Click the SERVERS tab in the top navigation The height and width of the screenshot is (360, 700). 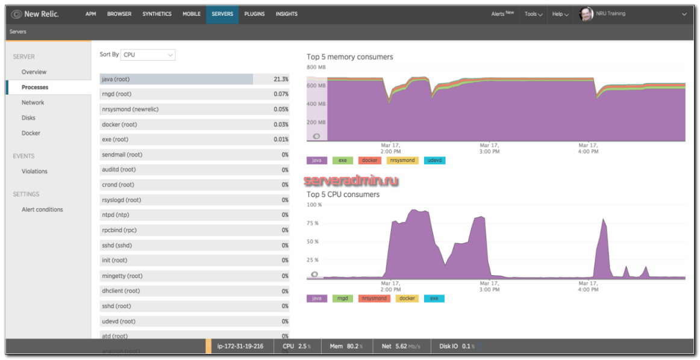[222, 14]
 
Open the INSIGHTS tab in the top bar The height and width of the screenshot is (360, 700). [286, 14]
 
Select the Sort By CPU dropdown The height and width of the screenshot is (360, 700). [148, 55]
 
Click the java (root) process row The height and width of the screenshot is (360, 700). [176, 79]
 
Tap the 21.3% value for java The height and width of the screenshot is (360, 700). [280, 79]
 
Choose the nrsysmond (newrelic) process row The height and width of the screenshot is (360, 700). [176, 110]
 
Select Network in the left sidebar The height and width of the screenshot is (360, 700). [33, 103]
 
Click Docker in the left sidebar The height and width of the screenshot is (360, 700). [31, 133]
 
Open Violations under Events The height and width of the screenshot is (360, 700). [34, 172]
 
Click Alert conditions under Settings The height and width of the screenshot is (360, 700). [42, 209]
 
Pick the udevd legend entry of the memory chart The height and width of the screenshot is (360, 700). [434, 161]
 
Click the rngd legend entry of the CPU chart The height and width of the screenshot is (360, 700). [342, 299]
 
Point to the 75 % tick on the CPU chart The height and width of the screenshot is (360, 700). [313, 223]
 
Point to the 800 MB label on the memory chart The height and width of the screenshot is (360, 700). [316, 67]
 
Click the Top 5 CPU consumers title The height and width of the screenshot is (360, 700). [343, 194]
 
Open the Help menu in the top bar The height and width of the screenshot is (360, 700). [560, 14]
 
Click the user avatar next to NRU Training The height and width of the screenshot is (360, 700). [586, 14]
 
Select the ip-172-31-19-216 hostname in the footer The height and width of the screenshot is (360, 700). [240, 347]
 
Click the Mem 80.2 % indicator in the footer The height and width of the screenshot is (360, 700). [346, 347]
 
